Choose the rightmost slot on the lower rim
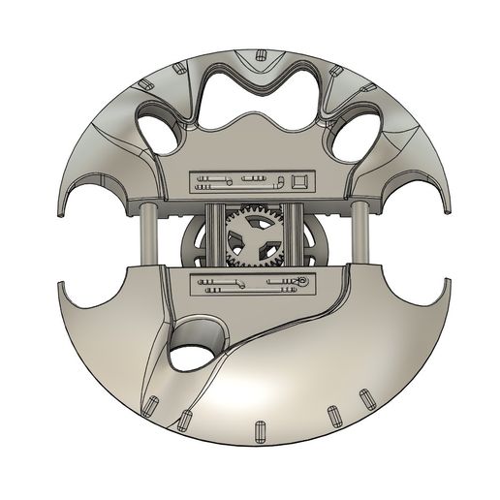367,399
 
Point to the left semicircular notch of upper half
93,199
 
